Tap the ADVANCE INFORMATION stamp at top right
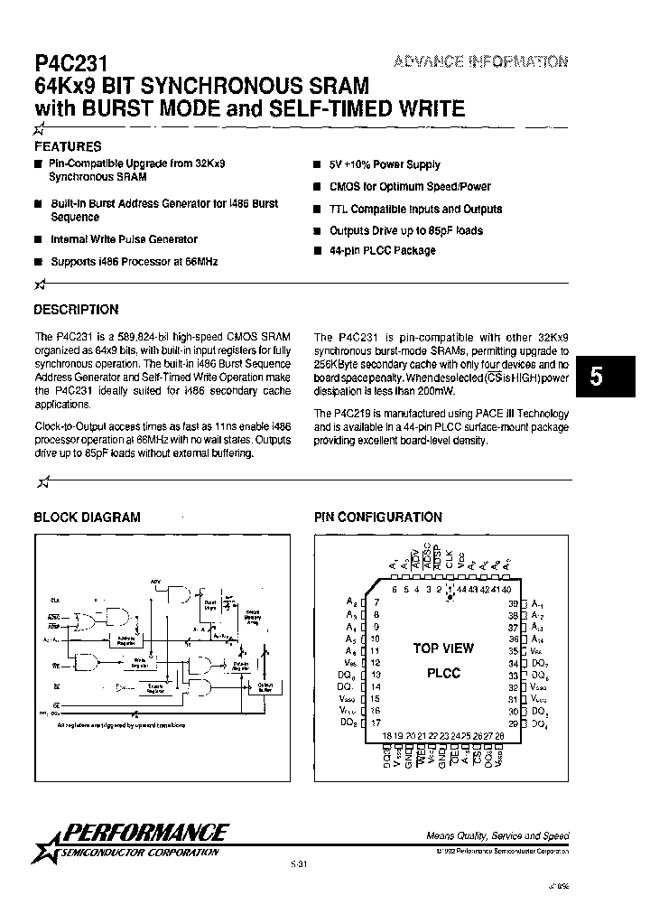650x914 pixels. [x=480, y=61]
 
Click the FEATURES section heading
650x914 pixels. [x=68, y=145]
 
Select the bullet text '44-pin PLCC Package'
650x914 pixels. [x=382, y=250]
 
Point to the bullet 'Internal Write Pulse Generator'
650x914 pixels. [x=125, y=239]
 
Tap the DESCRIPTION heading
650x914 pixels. [x=76, y=309]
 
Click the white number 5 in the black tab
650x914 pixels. [x=596, y=377]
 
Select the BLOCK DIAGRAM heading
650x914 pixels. [x=87, y=518]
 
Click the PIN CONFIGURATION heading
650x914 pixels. [x=377, y=518]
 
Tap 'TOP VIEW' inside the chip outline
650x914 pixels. [x=443, y=648]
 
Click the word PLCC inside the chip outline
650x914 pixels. [x=442, y=673]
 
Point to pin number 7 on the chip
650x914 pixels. [x=375, y=602]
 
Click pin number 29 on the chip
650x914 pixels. [x=512, y=723]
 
